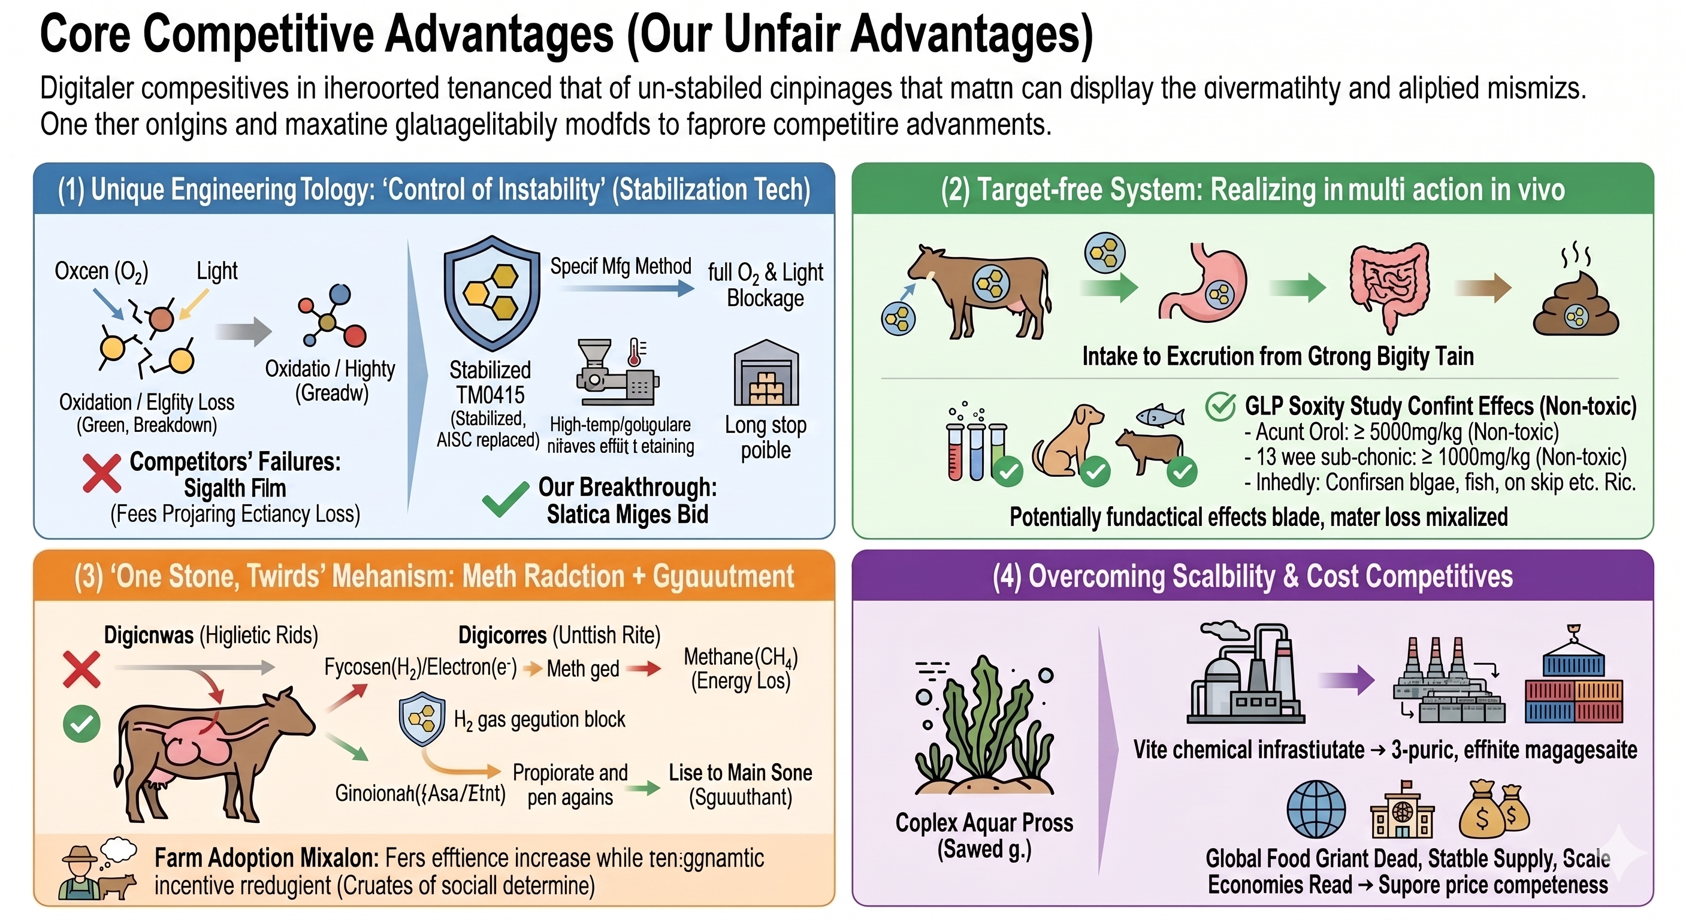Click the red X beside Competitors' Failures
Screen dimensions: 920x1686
coord(101,473)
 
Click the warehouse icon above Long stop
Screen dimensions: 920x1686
coord(766,374)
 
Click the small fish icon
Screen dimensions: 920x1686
coord(1160,415)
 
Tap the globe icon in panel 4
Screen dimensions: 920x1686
coord(1316,809)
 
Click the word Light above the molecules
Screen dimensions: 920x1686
coord(217,271)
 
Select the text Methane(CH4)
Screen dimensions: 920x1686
coord(740,657)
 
